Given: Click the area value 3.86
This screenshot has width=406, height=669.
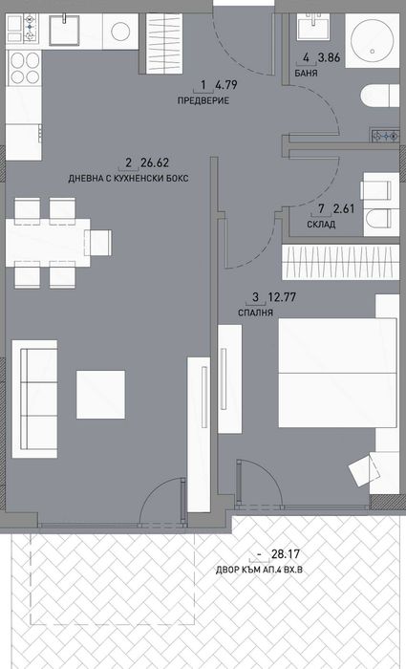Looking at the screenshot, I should point(329,57).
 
